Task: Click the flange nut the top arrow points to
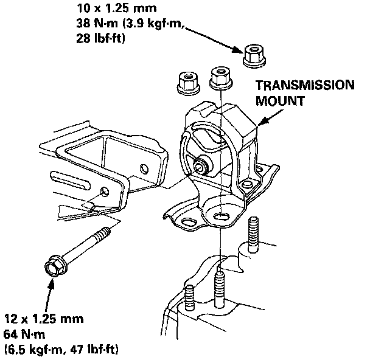pyautogui.click(x=252, y=57)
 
